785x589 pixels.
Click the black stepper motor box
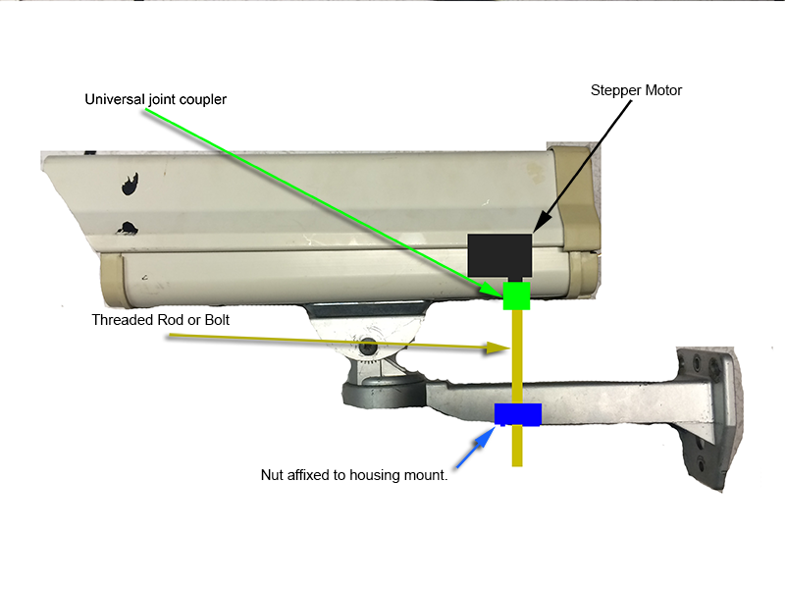click(x=499, y=255)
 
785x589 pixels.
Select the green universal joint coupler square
click(x=516, y=296)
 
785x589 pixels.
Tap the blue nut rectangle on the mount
click(x=518, y=414)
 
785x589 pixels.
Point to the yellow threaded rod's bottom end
click(x=517, y=465)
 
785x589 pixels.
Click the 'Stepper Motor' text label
click(x=636, y=90)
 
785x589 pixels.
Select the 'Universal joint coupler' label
click(x=155, y=100)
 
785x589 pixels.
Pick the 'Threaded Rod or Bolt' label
click(x=160, y=320)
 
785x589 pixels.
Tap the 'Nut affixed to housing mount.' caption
click(x=354, y=475)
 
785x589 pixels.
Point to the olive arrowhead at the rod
click(x=498, y=348)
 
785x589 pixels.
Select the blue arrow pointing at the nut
click(x=475, y=448)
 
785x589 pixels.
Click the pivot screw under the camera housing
click(x=369, y=346)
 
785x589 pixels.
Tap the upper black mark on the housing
click(x=130, y=184)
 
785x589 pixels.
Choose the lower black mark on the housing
click(x=128, y=229)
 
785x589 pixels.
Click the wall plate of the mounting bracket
click(x=709, y=419)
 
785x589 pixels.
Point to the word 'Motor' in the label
click(x=663, y=90)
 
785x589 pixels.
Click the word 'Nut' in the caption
click(x=272, y=475)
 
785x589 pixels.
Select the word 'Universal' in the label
click(x=115, y=99)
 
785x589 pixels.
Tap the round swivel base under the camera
click(x=383, y=392)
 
